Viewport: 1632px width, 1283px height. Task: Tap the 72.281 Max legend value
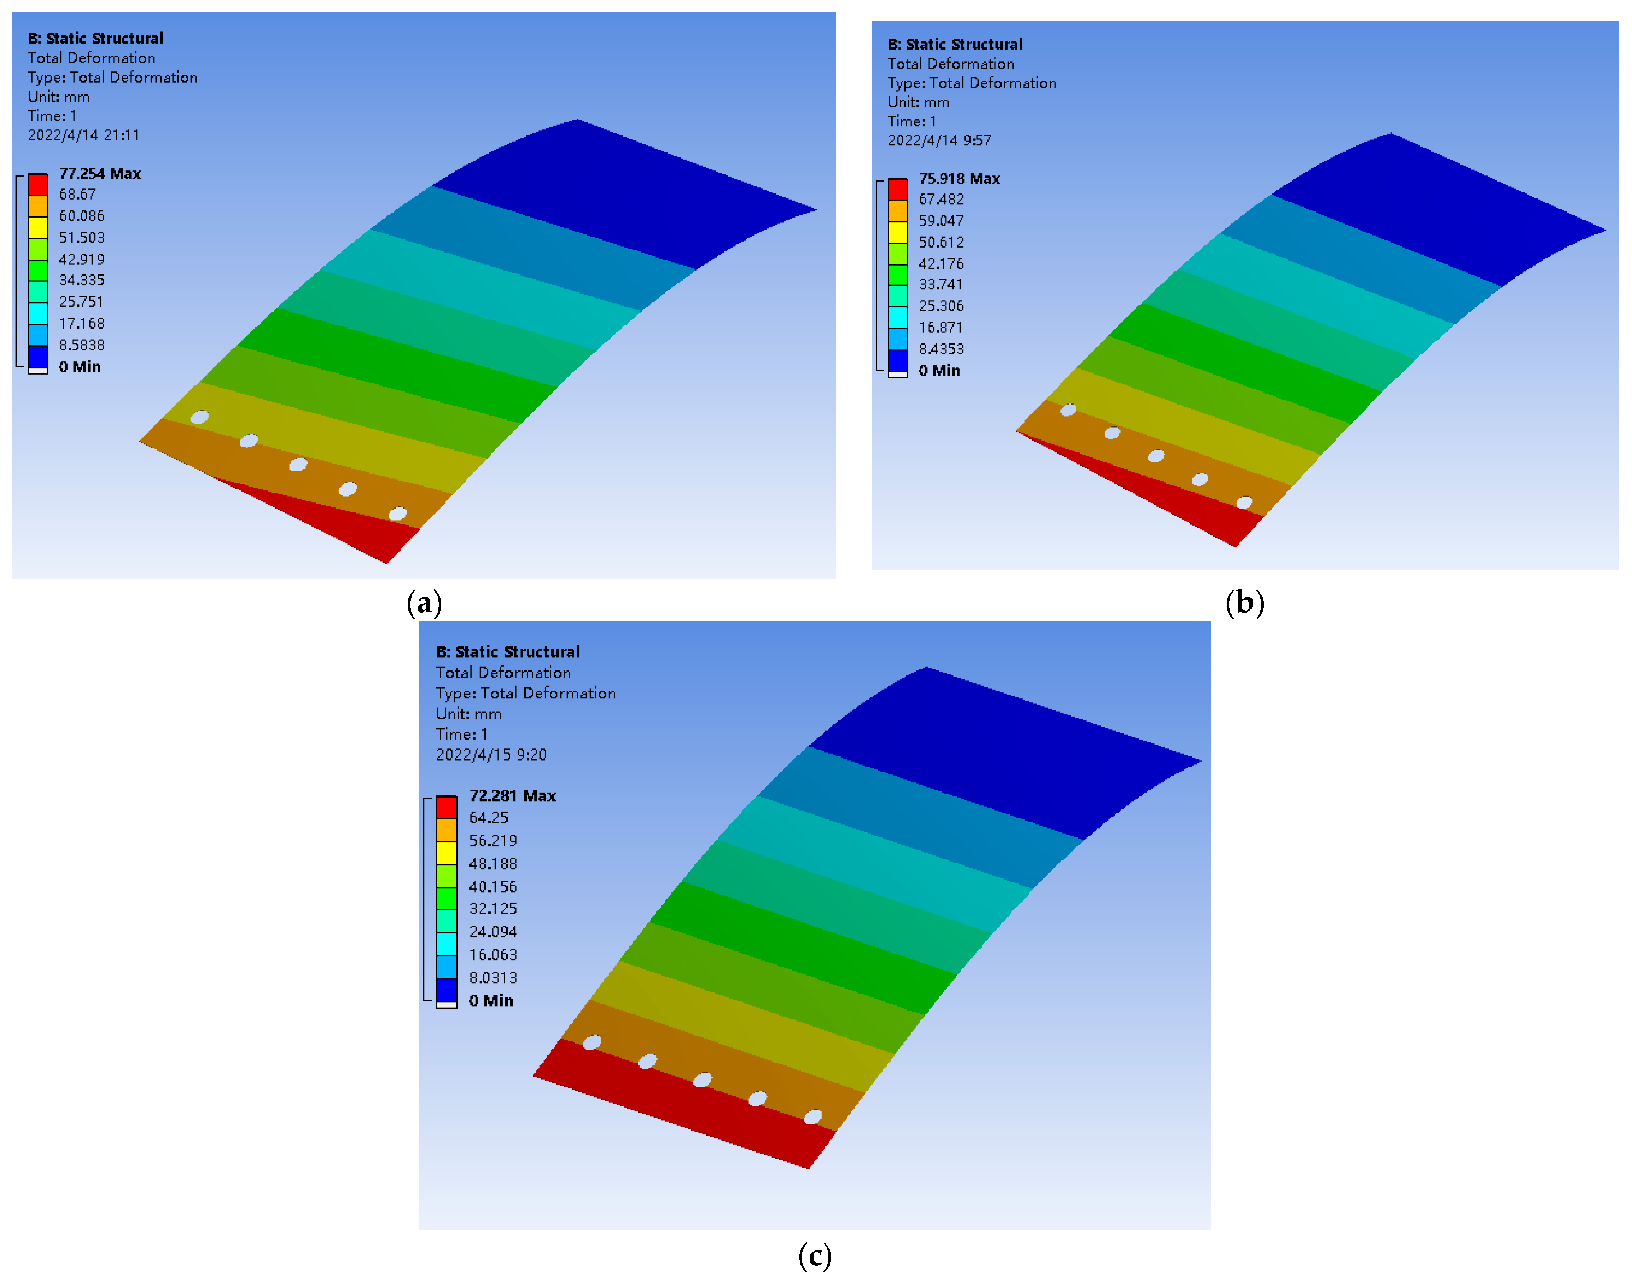pyautogui.click(x=513, y=796)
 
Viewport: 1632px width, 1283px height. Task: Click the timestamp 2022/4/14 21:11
pyautogui.click(x=83, y=135)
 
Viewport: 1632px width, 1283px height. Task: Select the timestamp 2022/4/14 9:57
pyautogui.click(x=939, y=140)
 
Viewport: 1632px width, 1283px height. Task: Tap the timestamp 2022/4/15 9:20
pyautogui.click(x=491, y=754)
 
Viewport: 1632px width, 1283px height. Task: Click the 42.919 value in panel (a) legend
pyautogui.click(x=81, y=259)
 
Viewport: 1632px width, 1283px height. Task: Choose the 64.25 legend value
pyautogui.click(x=488, y=817)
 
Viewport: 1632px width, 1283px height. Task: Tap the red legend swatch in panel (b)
pyautogui.click(x=897, y=189)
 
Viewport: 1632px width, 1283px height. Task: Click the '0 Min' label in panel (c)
pyautogui.click(x=491, y=1001)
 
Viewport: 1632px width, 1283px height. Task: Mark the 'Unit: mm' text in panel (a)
pyautogui.click(x=59, y=97)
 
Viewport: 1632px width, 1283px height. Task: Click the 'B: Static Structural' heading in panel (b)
pyautogui.click(x=954, y=44)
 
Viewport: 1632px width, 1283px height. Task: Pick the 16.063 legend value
pyautogui.click(x=493, y=955)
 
